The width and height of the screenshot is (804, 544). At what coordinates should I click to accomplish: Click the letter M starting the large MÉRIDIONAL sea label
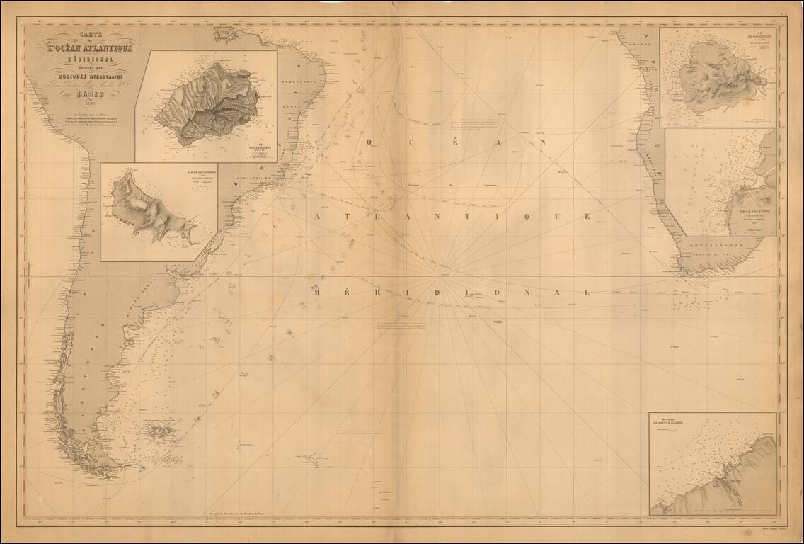(x=318, y=292)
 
